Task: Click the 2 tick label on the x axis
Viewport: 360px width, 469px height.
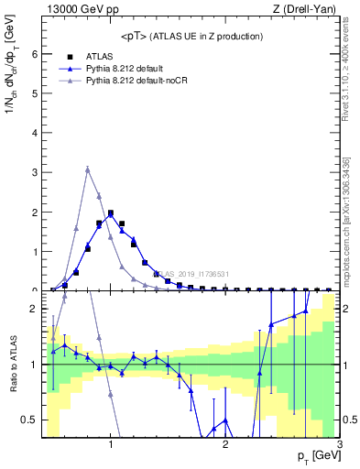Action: [225, 444]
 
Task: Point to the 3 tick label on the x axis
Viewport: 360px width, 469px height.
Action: [339, 444]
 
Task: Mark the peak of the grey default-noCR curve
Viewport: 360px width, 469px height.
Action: [87, 169]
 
